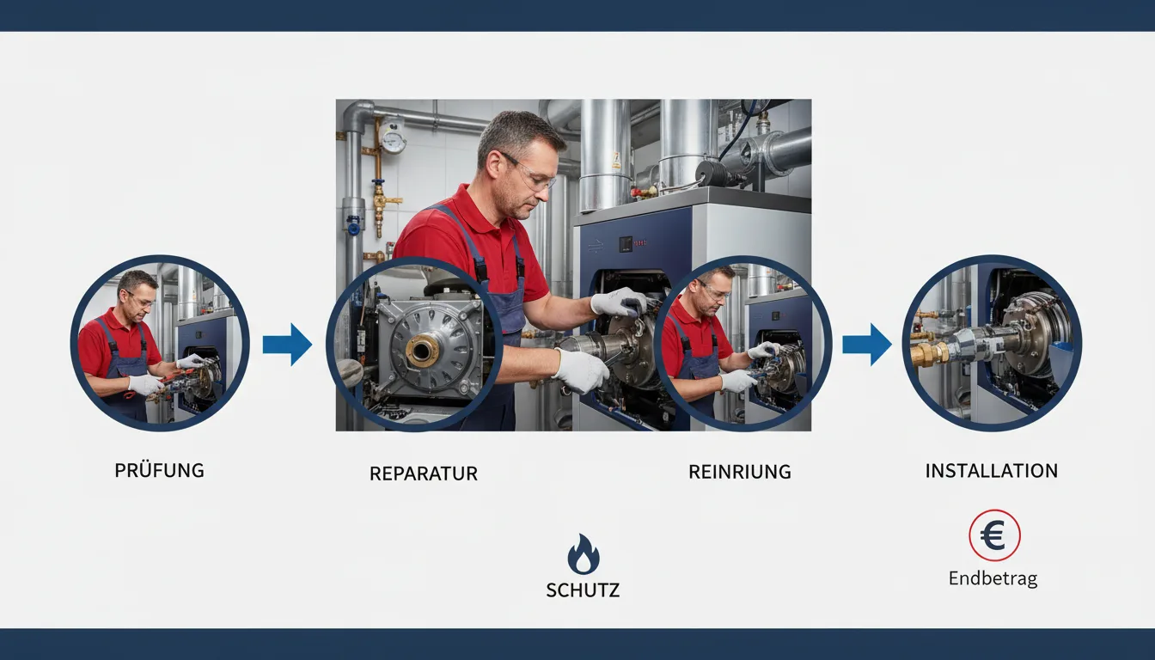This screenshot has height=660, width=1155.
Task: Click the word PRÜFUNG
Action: click(159, 470)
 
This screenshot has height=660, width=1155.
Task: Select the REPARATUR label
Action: click(424, 474)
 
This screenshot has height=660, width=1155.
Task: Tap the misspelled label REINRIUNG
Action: click(739, 472)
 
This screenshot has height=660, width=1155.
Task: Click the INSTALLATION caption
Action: click(991, 471)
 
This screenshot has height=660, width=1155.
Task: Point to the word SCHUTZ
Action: click(583, 590)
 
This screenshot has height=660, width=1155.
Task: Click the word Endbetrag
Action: click(993, 578)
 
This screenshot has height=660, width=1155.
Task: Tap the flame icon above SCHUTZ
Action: click(584, 553)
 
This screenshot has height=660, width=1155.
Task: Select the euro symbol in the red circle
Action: click(993, 535)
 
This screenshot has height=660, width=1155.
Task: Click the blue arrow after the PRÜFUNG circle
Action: click(287, 345)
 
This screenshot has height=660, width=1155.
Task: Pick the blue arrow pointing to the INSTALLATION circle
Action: click(867, 345)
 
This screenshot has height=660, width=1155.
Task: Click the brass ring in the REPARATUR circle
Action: click(422, 350)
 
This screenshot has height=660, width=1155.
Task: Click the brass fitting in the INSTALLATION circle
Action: click(929, 353)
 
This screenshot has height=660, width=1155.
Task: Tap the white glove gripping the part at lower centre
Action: click(582, 370)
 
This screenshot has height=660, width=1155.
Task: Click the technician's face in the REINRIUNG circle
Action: click(714, 295)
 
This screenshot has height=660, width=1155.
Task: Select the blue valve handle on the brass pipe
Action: click(378, 183)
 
